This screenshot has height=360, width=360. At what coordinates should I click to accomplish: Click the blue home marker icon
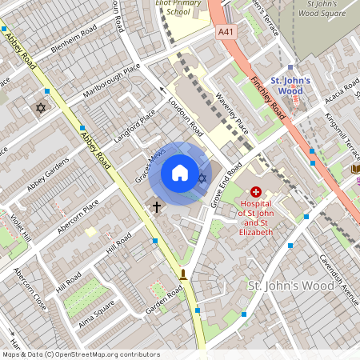click(180, 173)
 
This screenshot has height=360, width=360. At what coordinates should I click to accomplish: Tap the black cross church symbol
click(157, 206)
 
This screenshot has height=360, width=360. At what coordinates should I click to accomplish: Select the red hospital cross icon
click(256, 192)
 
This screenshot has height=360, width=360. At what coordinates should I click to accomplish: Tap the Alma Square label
click(97, 312)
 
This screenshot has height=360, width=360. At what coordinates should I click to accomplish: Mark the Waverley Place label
click(232, 113)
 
